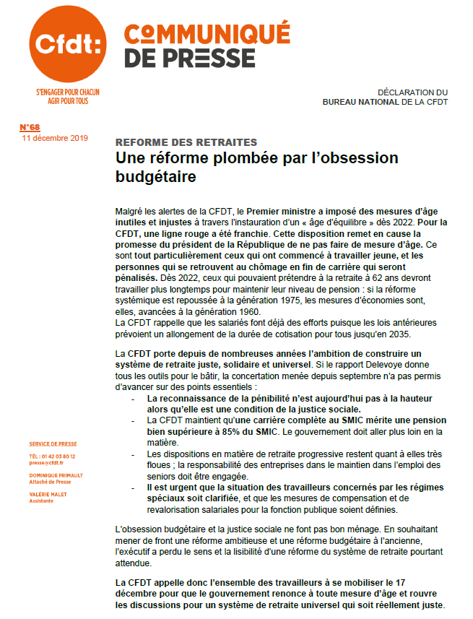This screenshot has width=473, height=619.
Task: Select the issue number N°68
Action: tap(30, 128)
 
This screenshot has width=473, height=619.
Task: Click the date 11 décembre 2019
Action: tap(55, 137)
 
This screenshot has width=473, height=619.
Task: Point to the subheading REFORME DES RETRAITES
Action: tap(186, 143)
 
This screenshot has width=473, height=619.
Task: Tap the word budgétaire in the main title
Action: tap(156, 176)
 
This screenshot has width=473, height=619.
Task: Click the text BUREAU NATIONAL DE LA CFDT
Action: tap(385, 102)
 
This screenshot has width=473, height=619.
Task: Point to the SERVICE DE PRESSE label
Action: tap(53, 443)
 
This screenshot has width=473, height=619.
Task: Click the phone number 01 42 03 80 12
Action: tap(58, 456)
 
